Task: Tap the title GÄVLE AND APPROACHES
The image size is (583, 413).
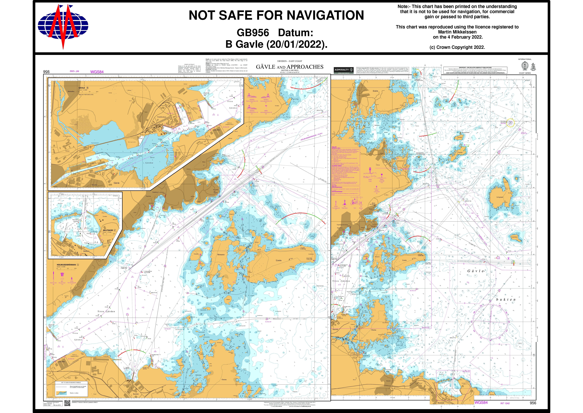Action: coord(289,67)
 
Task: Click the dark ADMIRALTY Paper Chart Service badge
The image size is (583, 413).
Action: coord(344,70)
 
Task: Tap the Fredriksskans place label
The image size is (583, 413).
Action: coord(161,117)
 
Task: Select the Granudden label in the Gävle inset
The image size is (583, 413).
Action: coord(216,130)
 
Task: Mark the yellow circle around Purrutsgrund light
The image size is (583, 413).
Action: coord(510,123)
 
